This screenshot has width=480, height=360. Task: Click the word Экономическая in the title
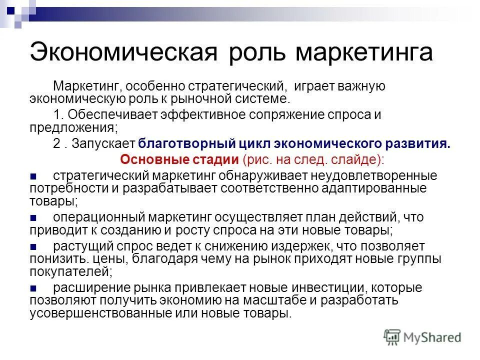(x=123, y=52)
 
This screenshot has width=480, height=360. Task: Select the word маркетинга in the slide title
(x=363, y=52)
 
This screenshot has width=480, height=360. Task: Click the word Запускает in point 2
(x=103, y=144)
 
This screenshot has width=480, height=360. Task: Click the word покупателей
(x=69, y=272)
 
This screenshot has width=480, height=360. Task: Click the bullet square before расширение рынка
(x=33, y=288)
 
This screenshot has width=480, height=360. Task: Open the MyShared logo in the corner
(x=422, y=337)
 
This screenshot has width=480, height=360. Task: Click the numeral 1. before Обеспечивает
(x=57, y=114)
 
